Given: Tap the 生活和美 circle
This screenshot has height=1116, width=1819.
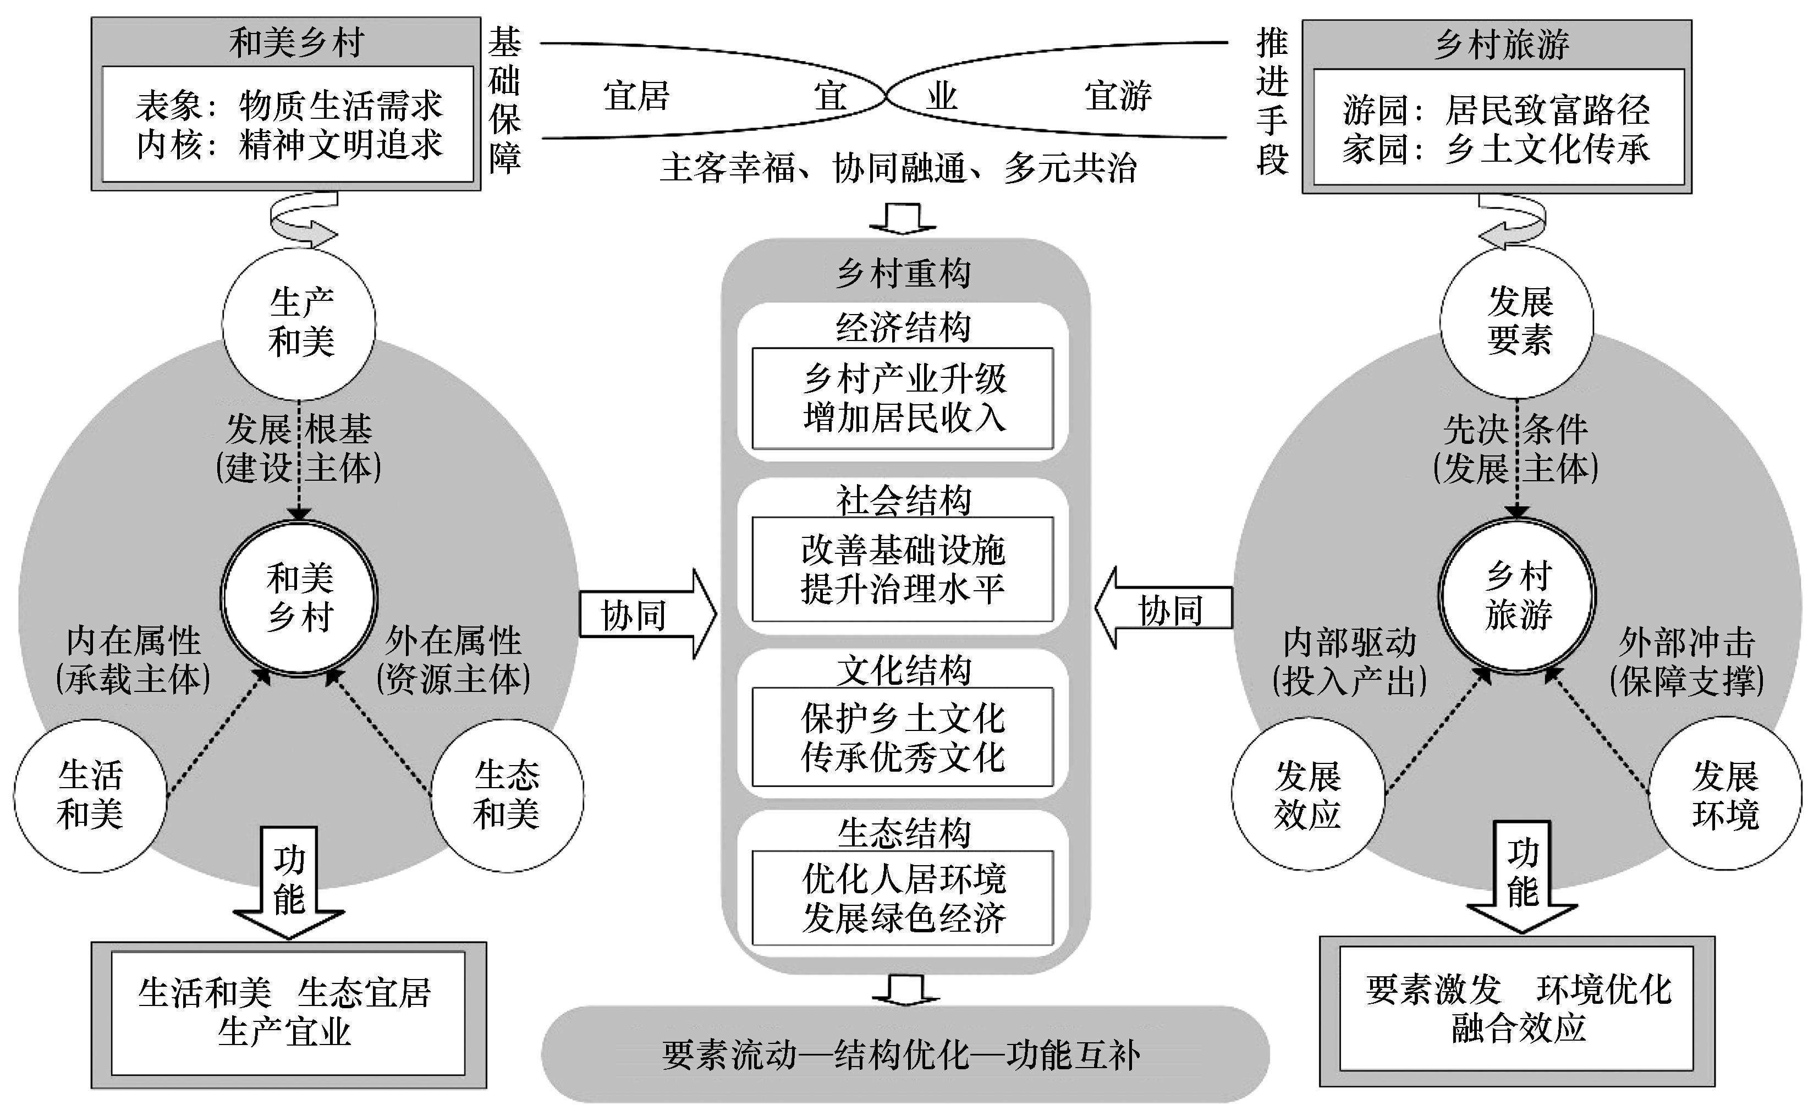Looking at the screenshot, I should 90,796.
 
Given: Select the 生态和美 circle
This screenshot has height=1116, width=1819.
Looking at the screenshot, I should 507,796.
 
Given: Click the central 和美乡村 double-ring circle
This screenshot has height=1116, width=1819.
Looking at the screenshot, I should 299,597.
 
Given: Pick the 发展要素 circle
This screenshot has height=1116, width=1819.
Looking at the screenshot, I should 1517,322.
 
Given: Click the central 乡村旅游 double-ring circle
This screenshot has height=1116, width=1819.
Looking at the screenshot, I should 1517,596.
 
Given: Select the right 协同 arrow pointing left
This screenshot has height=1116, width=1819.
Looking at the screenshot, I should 1165,609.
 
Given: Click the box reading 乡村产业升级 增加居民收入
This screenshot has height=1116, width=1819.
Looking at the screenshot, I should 903,399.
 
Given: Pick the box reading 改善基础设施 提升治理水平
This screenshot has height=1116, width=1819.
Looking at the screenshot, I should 903,569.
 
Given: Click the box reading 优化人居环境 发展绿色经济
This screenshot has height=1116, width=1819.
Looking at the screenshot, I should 903,898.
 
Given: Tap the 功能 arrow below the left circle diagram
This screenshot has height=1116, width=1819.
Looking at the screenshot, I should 289,882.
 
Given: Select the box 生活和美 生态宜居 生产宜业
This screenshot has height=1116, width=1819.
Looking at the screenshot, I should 288,1013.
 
